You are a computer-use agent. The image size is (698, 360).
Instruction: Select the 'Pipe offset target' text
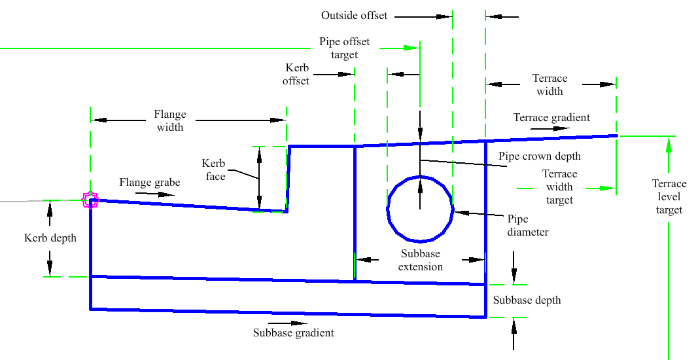[x=344, y=48]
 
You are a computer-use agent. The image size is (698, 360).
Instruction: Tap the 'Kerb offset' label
[x=296, y=74]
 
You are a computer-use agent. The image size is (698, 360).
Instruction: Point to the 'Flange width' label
[x=170, y=121]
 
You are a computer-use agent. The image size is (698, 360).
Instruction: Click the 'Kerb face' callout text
[x=213, y=170]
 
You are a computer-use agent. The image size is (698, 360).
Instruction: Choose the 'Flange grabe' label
[x=149, y=183]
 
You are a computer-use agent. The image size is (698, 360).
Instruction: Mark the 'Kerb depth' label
[x=50, y=238]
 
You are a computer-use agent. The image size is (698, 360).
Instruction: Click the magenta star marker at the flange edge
[x=90, y=200]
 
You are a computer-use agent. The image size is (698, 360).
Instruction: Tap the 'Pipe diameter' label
[x=527, y=225]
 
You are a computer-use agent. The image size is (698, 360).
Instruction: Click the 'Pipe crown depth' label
[x=539, y=156]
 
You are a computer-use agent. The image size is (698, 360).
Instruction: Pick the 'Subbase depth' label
[x=527, y=300]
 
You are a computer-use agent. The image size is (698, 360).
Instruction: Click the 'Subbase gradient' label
[x=293, y=333]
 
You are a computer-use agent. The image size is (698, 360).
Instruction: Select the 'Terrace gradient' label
[x=551, y=118]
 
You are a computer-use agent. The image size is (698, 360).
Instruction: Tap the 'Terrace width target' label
[x=559, y=187]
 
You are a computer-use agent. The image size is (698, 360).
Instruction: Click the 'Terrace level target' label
[x=669, y=196]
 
